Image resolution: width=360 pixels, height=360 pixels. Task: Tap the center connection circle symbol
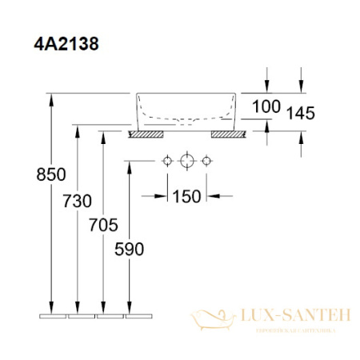pos(186,163)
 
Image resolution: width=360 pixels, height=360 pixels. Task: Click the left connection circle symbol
pos(166,163)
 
